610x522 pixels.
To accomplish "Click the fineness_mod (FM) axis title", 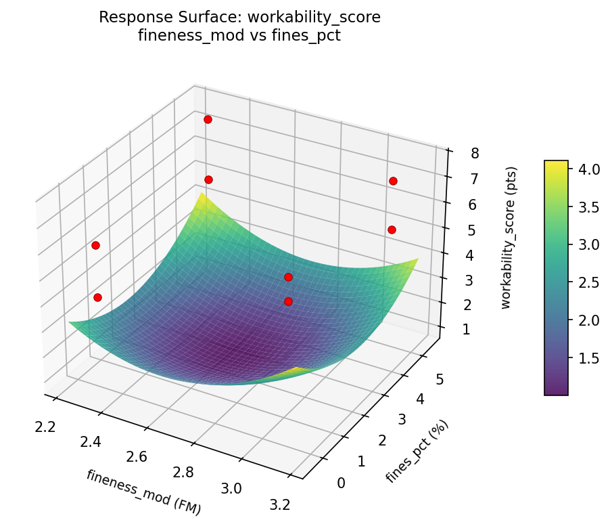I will tap(143, 490).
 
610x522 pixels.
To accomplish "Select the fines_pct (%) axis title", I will tap(417, 452).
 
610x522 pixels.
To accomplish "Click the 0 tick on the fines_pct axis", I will tap(340, 482).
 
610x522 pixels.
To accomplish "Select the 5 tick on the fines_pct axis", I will tap(440, 380).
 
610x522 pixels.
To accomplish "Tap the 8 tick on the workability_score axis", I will tap(475, 154).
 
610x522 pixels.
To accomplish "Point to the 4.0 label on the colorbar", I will tap(589, 170).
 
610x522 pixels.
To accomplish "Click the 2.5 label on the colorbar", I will tap(589, 282).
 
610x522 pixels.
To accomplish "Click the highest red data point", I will tap(208, 119).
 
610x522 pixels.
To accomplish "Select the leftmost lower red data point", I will tap(97, 297).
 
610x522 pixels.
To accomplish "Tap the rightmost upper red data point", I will tap(393, 181).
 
